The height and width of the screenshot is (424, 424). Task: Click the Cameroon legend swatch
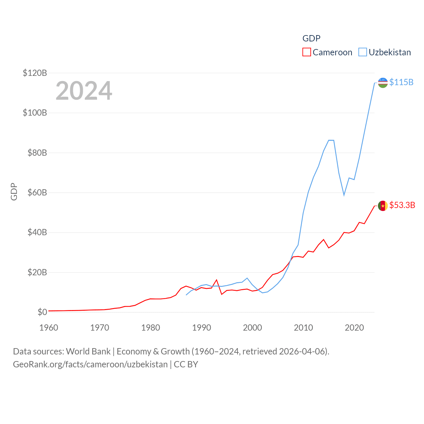307,52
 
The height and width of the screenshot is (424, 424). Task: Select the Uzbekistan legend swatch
363,52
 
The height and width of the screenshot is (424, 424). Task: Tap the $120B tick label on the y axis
35,73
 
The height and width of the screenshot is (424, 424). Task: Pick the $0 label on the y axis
42,312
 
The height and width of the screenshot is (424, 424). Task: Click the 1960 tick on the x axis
49,328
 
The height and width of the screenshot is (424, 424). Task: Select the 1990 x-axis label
201,328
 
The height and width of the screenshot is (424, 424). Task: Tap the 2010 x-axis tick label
303,328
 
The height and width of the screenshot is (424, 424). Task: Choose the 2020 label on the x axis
354,328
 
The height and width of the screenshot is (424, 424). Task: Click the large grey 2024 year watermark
84,91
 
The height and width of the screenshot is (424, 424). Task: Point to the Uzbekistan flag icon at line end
383,83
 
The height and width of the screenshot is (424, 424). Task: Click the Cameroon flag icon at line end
383,206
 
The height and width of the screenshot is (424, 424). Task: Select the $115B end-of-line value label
401,82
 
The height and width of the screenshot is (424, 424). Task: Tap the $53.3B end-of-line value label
402,205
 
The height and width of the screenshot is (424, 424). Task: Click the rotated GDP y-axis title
14,191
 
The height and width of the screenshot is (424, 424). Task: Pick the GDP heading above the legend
311,38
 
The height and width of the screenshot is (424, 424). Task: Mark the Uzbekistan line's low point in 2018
344,195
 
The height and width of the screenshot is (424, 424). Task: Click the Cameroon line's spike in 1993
217,280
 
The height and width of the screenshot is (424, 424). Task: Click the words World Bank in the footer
88,351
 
